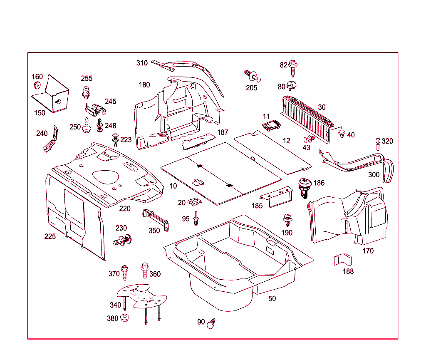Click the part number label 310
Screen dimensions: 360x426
tap(142, 63)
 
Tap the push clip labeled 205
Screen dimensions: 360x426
tap(252, 76)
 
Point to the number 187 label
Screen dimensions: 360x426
tap(223, 132)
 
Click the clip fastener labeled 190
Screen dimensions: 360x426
tap(287, 220)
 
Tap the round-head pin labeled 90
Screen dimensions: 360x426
tap(213, 323)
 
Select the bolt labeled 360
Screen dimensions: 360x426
tap(145, 269)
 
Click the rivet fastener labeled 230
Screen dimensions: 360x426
tap(122, 240)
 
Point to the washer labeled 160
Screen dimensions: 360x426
tap(37, 86)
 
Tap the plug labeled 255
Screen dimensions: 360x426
tap(87, 91)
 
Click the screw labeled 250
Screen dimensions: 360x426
tap(87, 125)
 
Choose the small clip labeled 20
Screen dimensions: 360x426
tap(194, 202)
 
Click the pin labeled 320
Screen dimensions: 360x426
tap(378, 144)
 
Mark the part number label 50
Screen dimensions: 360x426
tap(272, 299)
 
